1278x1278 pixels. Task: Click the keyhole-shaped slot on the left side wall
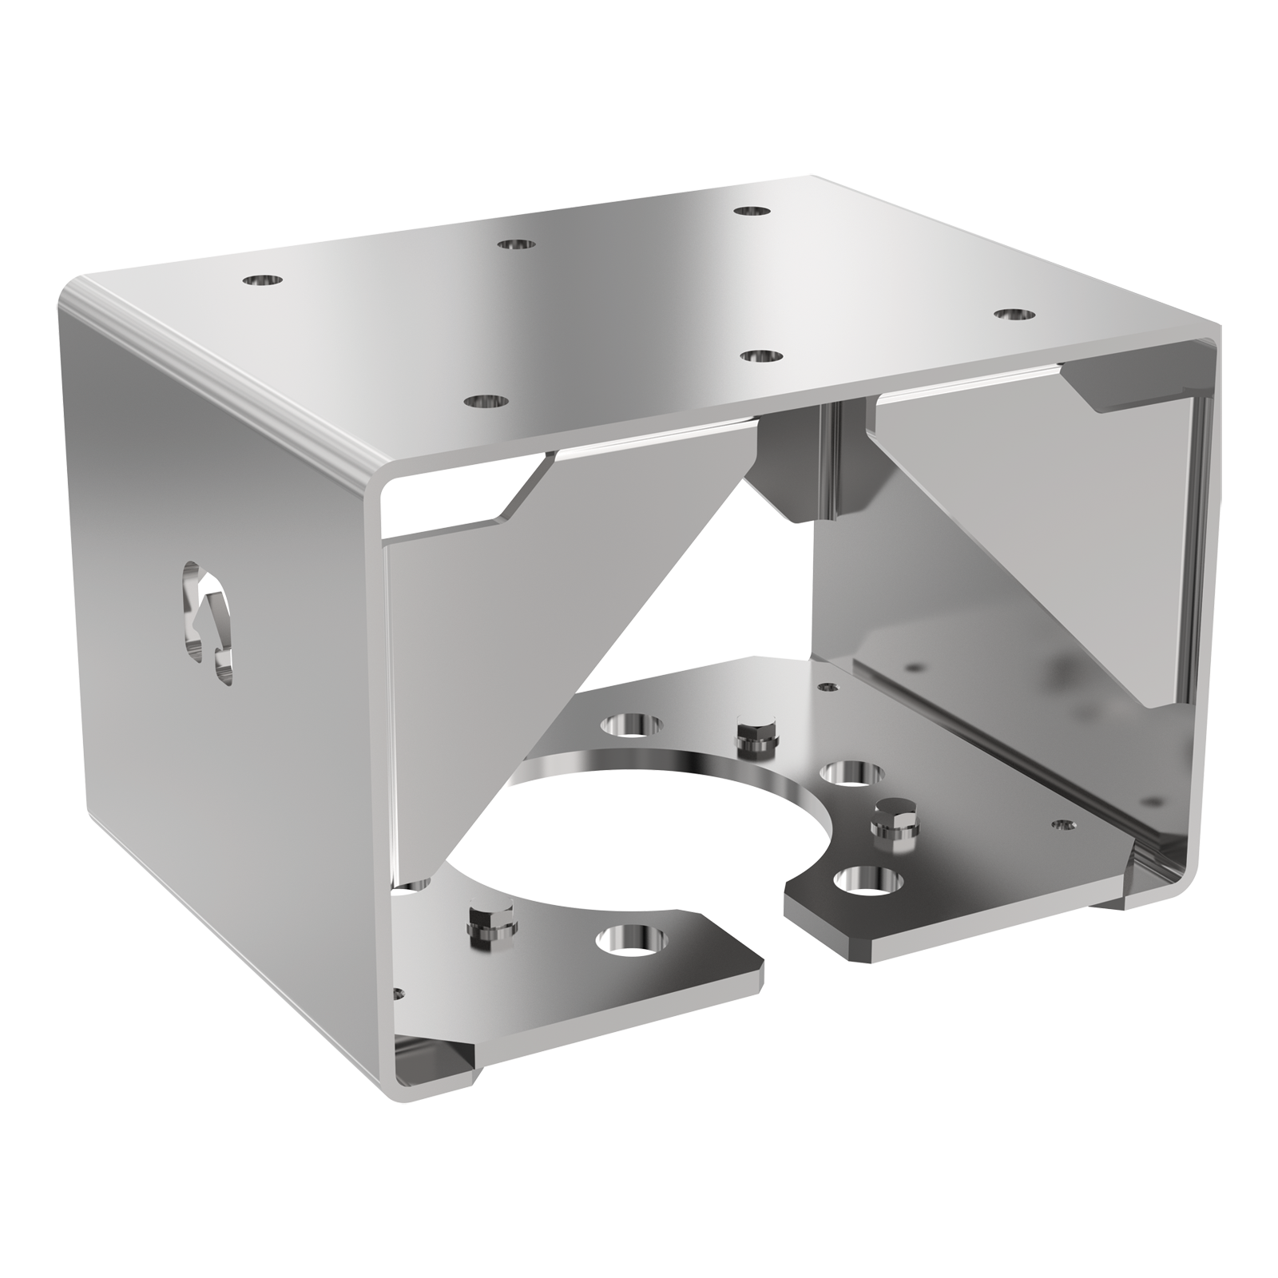(206, 609)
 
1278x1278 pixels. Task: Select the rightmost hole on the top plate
(1015, 314)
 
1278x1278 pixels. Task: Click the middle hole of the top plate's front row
(760, 355)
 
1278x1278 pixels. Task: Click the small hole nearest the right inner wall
(1062, 824)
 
